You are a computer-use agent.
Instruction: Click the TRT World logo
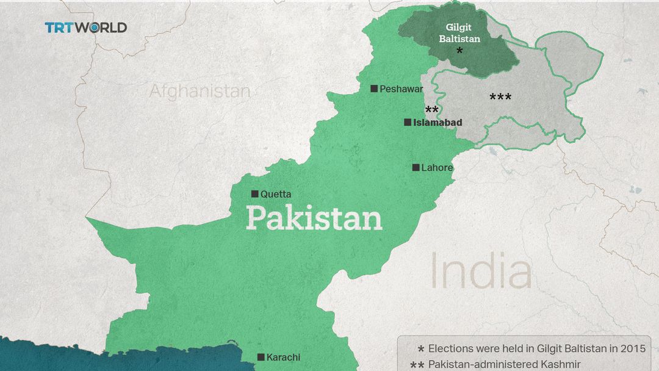coord(85,27)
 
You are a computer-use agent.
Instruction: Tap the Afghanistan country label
coord(200,92)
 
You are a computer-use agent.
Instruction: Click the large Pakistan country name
coord(314,218)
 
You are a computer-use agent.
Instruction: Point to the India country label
coord(481,272)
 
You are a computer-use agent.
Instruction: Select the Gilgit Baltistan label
coord(462,33)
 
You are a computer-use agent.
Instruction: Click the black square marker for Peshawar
coord(374,88)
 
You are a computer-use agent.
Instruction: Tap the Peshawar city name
coord(401,89)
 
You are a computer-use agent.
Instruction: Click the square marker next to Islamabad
coord(407,122)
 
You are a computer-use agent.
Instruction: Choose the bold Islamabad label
coord(438,123)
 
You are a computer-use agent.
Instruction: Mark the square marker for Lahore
coord(416,167)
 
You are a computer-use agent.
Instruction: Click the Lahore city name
coord(437,167)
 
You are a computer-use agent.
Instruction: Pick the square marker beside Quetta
coord(254,194)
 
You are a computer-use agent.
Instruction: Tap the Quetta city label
coord(276,195)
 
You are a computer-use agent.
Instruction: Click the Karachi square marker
coord(261,357)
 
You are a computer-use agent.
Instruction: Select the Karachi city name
coord(284,358)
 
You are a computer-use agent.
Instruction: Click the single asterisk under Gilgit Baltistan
coord(459,52)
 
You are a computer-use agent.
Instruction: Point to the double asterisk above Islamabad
coord(431,110)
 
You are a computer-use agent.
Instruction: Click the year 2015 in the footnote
coord(632,349)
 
